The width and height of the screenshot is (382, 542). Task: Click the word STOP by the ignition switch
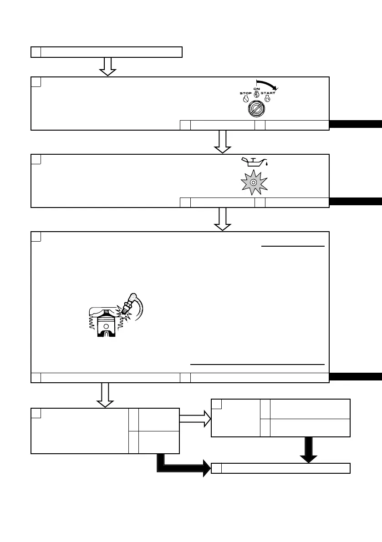(246, 93)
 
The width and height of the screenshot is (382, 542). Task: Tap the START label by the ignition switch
(268, 93)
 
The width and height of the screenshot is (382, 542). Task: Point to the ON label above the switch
(256, 89)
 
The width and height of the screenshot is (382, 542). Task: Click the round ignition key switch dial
(256, 110)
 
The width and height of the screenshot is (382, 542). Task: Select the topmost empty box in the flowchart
(107, 52)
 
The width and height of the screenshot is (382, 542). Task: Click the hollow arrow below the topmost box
(108, 66)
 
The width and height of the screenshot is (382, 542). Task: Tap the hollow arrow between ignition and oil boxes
(223, 142)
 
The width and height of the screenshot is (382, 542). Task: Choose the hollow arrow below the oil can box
(223, 219)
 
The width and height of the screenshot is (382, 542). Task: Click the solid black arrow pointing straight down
(309, 450)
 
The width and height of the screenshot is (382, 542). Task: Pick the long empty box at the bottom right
(281, 468)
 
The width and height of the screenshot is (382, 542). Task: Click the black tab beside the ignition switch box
(356, 125)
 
